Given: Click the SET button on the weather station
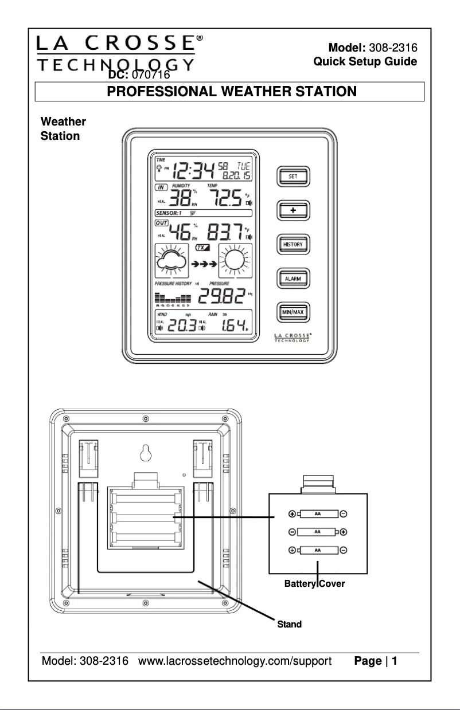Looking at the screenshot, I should tap(293, 176).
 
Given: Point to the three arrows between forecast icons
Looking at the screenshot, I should tap(204, 265).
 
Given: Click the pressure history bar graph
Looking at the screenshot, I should tap(173, 298).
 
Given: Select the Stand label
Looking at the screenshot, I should tap(289, 624).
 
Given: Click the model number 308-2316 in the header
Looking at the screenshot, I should tap(393, 47).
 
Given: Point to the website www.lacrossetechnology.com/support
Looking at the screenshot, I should tap(236, 661).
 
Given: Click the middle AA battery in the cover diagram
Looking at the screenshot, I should tap(317, 532).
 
